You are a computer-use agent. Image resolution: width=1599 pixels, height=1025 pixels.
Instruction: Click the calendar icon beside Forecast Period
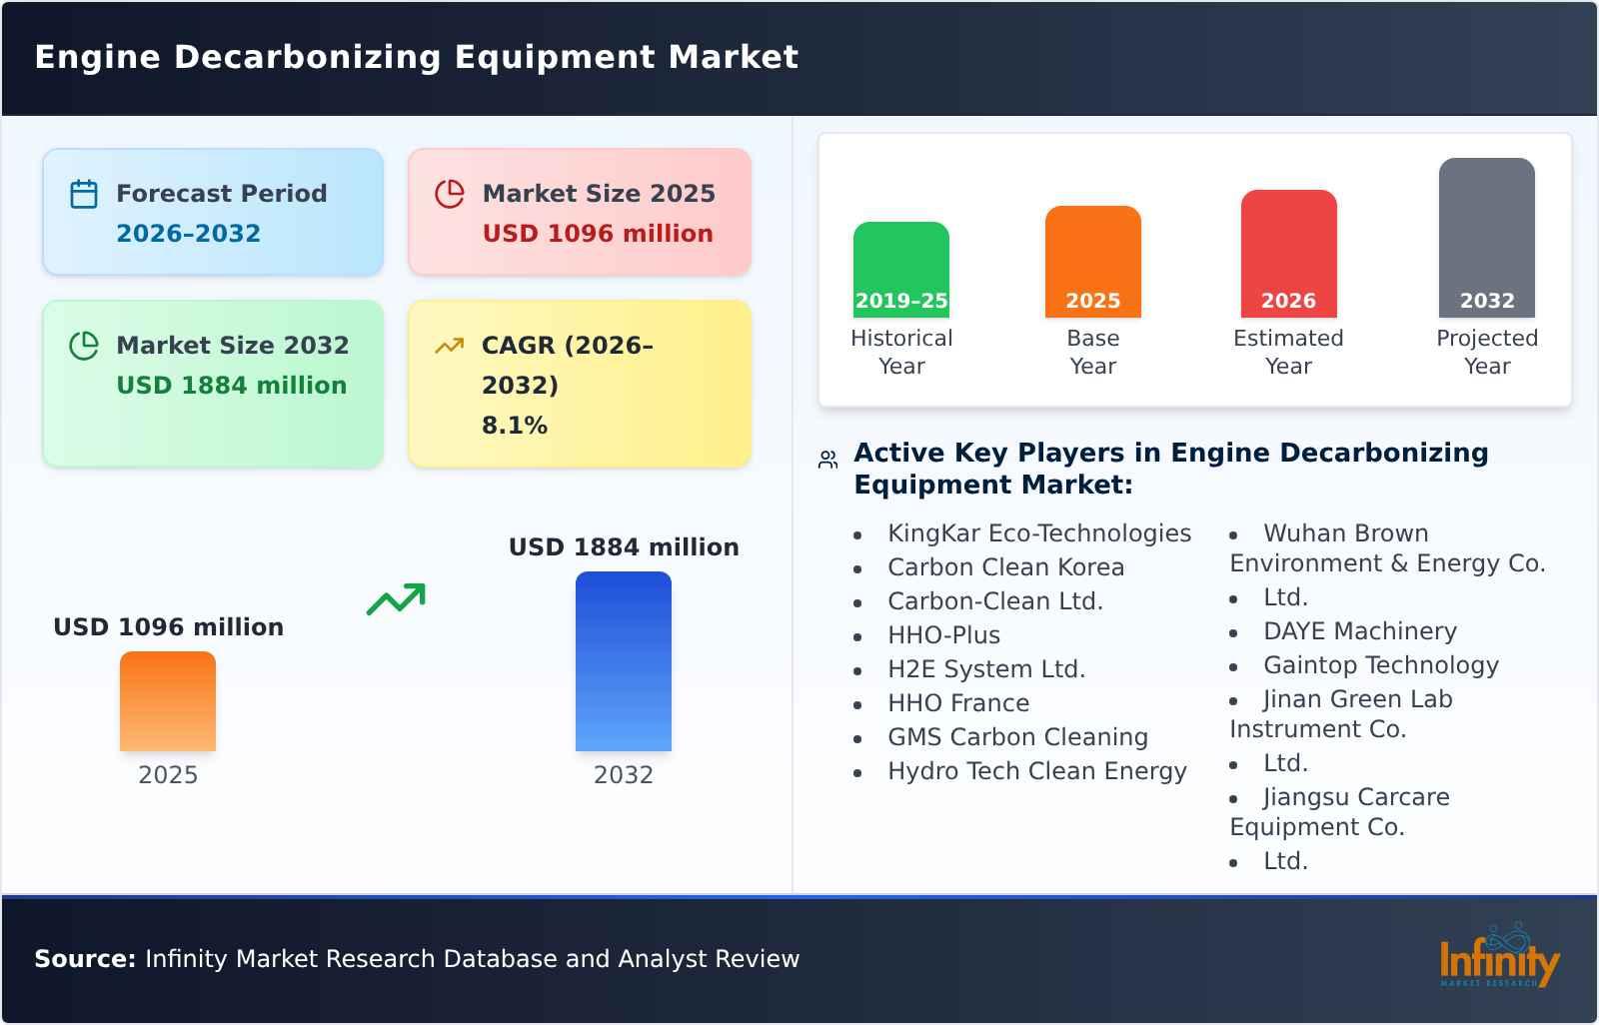[x=84, y=194]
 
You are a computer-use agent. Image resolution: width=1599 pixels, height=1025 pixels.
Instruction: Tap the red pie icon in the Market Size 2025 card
[x=450, y=194]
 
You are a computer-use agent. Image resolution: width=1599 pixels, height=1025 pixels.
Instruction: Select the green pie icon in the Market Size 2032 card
[x=84, y=346]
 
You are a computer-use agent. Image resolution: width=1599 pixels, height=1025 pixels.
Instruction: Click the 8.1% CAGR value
[x=514, y=426]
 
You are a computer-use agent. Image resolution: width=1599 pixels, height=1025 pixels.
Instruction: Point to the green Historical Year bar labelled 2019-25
[x=900, y=270]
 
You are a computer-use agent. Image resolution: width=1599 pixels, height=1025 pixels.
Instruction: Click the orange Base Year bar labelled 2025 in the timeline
[x=1092, y=262]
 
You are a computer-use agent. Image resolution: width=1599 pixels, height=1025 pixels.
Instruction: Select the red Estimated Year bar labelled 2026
[x=1288, y=254]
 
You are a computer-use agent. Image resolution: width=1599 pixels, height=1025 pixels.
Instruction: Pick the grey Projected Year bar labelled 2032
[x=1486, y=238]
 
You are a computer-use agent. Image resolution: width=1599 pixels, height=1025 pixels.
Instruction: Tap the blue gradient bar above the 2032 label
[x=623, y=661]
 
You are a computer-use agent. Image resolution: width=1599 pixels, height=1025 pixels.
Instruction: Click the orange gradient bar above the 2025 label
[x=168, y=701]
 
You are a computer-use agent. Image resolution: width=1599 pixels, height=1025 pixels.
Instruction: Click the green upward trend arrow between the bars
[x=396, y=599]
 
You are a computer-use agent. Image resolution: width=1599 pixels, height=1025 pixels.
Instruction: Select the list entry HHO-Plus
[x=943, y=635]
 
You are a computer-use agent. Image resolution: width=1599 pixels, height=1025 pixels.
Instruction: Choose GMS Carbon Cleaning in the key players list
[x=1017, y=737]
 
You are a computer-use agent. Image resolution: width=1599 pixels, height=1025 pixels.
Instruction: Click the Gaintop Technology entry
[x=1380, y=665]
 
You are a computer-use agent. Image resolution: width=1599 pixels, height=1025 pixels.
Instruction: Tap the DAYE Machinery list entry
[x=1359, y=631]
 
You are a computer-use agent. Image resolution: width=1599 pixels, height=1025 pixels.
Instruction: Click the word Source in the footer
[x=84, y=959]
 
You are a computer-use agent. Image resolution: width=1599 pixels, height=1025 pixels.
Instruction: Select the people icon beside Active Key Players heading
[x=827, y=460]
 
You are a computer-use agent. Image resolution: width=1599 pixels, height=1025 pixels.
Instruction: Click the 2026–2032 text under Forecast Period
[x=188, y=234]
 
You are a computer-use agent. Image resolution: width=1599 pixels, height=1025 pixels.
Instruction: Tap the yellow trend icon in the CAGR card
[x=449, y=346]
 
